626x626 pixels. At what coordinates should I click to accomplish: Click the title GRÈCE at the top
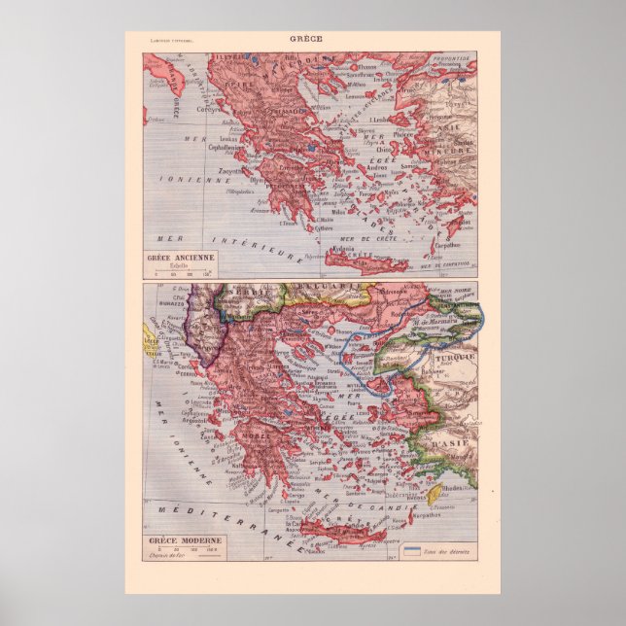tap(312, 39)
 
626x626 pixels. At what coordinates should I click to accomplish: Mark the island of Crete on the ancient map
tap(354, 257)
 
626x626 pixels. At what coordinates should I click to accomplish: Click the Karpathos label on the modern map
tap(427, 516)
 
